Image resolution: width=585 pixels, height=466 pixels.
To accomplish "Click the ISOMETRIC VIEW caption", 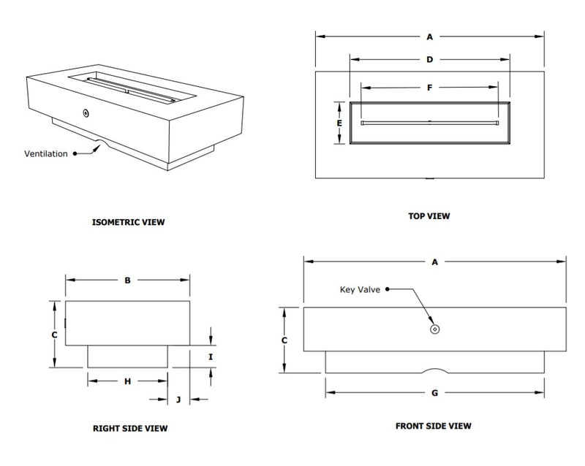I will click(x=129, y=222).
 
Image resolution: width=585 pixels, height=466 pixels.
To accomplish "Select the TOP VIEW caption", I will click(x=429, y=216).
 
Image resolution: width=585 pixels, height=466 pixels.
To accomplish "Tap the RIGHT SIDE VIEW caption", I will click(x=135, y=429).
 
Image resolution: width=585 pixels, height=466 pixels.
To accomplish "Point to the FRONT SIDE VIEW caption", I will click(x=434, y=426).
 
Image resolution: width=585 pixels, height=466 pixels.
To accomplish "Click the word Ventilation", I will click(x=46, y=153).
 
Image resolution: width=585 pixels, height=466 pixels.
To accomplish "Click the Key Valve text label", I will click(x=360, y=289).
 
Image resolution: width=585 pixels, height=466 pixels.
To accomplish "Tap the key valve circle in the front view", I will click(x=435, y=329).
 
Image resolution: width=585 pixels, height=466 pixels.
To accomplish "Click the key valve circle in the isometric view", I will click(x=86, y=113).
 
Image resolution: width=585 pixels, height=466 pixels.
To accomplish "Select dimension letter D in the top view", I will click(x=430, y=60).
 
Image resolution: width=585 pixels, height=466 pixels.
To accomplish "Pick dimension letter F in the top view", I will click(x=430, y=88).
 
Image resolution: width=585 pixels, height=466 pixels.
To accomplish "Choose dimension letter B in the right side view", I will click(x=127, y=280).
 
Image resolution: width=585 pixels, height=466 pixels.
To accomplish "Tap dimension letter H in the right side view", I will click(x=127, y=381).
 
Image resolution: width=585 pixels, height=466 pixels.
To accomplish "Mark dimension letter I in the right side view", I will click(x=211, y=357).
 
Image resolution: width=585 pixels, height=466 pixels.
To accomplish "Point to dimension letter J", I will click(x=179, y=400).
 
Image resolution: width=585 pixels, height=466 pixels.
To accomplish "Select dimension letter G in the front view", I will click(x=434, y=393).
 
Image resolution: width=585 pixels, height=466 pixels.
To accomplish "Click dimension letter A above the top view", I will click(x=430, y=35).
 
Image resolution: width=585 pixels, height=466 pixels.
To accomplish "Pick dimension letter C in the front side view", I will click(x=284, y=340).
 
